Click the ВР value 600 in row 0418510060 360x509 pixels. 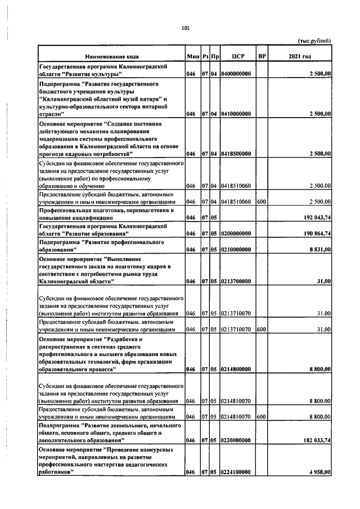point(261,201)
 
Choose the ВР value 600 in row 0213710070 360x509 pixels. point(261,329)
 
